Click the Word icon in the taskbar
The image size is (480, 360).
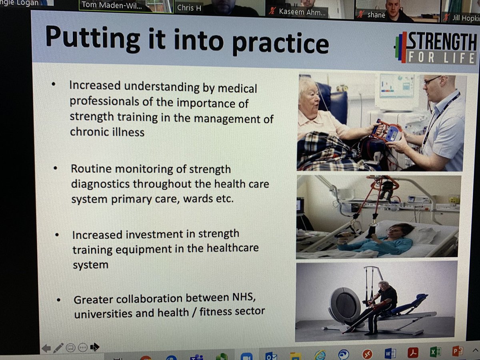point(390,353)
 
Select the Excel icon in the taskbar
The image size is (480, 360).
point(435,352)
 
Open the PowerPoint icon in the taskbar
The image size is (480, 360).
point(457,352)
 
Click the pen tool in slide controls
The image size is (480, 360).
point(58,348)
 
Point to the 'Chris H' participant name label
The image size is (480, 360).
point(189,8)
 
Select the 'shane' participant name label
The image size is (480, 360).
point(376,15)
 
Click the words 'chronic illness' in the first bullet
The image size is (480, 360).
point(107,132)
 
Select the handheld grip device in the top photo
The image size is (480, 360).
point(387,132)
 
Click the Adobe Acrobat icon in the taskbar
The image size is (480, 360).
point(412,352)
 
